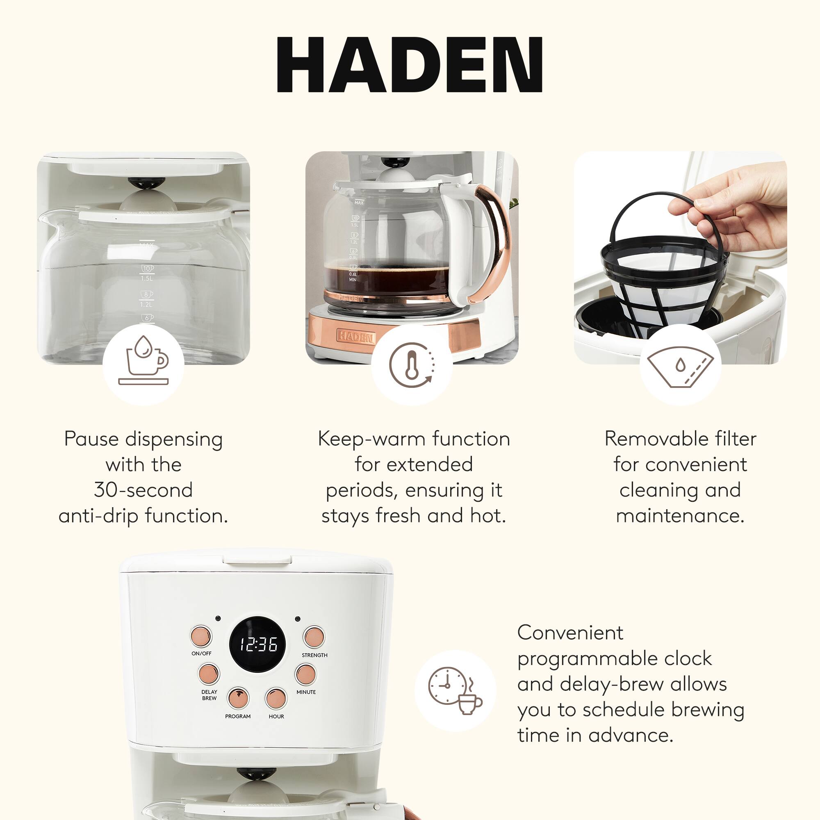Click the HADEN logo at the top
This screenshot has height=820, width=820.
(x=410, y=64)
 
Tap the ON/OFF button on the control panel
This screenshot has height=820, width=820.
(x=201, y=636)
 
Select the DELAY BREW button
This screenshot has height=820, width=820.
(x=209, y=674)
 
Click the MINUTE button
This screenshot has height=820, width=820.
(x=305, y=674)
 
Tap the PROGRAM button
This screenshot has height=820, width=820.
(x=239, y=698)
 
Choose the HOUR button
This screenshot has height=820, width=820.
(x=276, y=698)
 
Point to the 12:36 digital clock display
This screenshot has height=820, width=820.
(x=257, y=645)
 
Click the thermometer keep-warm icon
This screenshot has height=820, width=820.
(x=412, y=364)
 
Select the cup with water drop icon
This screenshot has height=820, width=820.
(x=143, y=364)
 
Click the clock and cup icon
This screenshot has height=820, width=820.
(x=455, y=691)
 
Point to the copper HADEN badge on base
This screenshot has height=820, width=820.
(x=355, y=337)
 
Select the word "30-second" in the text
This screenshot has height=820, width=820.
(x=143, y=490)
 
